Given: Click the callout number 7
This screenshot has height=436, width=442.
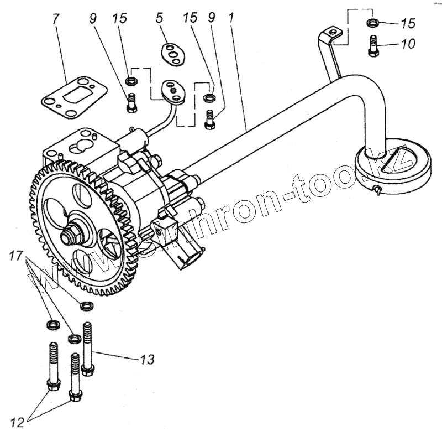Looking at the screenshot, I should coord(55,19).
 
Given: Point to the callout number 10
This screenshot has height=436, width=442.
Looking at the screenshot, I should coord(408,44).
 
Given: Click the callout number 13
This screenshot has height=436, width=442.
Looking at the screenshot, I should coord(146,360).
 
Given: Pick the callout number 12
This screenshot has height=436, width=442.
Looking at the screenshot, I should coord(18,423).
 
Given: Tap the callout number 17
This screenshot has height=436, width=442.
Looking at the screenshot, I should coord(17,256).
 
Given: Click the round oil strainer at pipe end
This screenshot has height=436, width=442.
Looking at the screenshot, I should coord(392,166).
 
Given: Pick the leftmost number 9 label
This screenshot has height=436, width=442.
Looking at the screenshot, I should coord(92,18).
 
